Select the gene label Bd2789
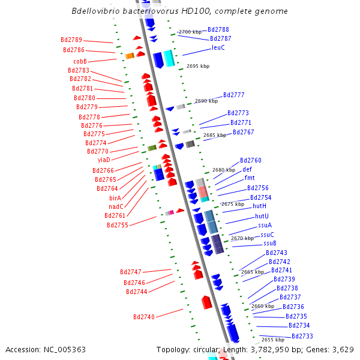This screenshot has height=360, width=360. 72,40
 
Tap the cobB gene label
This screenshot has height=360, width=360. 80,61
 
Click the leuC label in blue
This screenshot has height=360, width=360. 218,47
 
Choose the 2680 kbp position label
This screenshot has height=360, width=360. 224,170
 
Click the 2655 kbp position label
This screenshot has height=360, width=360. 273,340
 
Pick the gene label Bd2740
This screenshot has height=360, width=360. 144,316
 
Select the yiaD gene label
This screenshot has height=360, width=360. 104,160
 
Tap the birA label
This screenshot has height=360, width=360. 115,197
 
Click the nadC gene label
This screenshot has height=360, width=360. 116,206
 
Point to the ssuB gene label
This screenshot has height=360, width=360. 270,243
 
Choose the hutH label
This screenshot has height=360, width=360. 259,206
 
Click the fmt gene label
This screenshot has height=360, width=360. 250,178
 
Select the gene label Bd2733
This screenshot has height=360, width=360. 302,336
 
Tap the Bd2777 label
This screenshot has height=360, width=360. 234,95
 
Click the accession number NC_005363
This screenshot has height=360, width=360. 45,349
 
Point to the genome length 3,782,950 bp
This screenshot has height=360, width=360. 292,349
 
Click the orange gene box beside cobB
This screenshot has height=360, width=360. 130,56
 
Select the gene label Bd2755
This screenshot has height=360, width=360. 118,225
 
